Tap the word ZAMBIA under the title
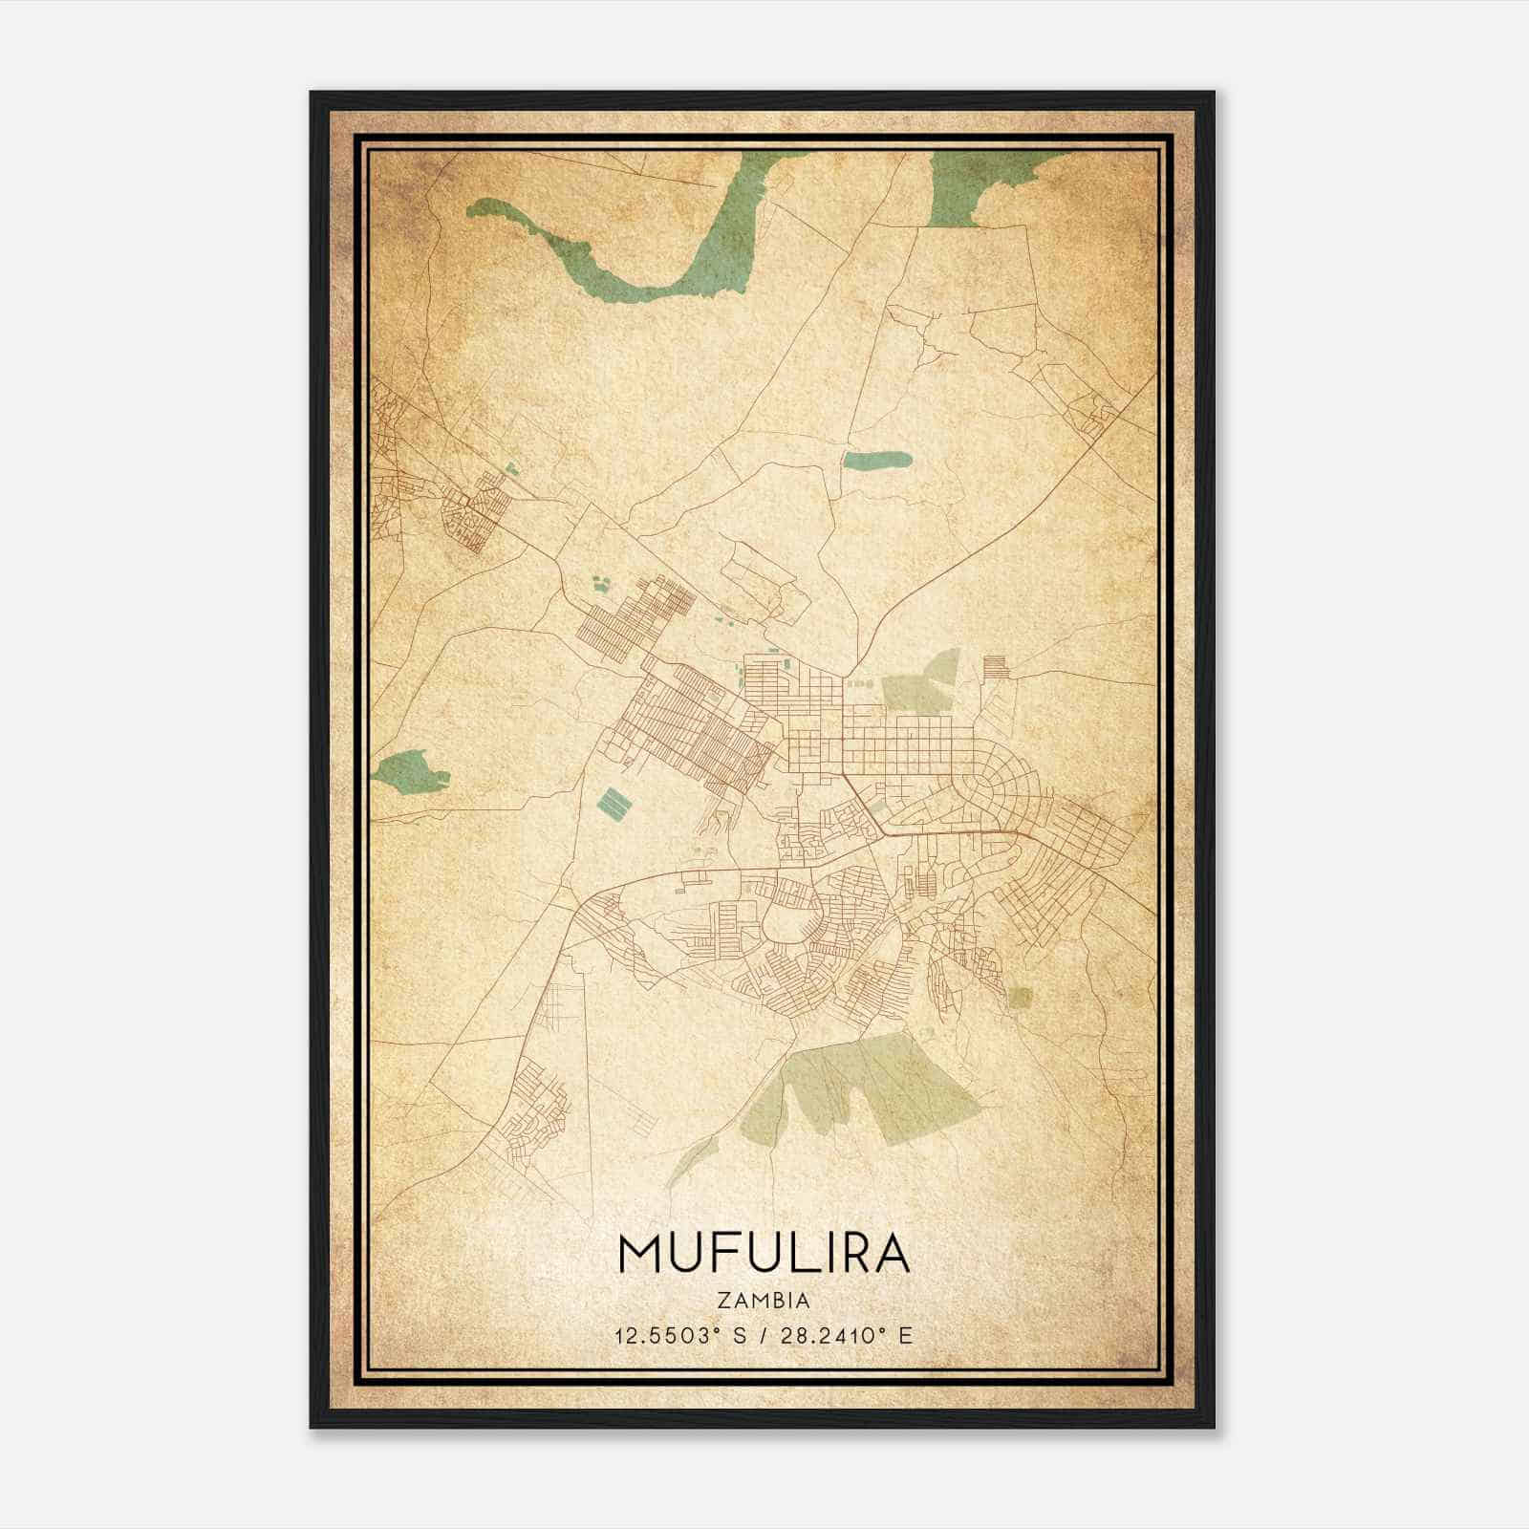pyautogui.click(x=764, y=1301)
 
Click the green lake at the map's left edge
pyautogui.click(x=409, y=769)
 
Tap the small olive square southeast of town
pyautogui.click(x=1021, y=998)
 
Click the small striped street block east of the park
pyautogui.click(x=995, y=666)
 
